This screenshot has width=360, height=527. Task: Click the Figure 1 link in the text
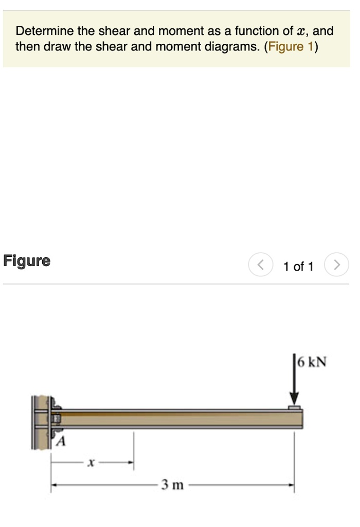pyautogui.click(x=291, y=47)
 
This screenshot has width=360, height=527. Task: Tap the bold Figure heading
pyautogui.click(x=27, y=261)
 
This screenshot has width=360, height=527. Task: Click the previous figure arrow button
pyautogui.click(x=261, y=266)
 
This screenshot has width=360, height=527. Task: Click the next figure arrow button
pyautogui.click(x=337, y=266)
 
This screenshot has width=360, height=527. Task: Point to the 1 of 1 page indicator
pyautogui.click(x=298, y=266)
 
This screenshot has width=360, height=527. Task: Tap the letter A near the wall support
pyautogui.click(x=61, y=441)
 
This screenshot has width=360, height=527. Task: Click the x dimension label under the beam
pyautogui.click(x=91, y=463)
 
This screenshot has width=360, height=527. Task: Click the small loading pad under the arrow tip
pyautogui.click(x=294, y=408)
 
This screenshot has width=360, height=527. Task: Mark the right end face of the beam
pyautogui.click(x=302, y=419)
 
